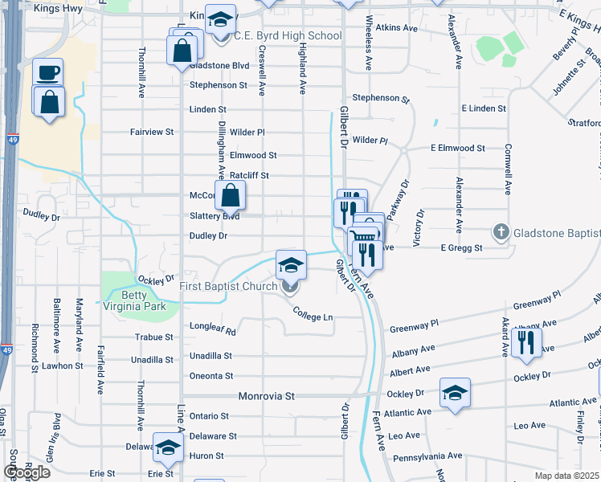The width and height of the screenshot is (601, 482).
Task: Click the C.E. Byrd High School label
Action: [x=287, y=36]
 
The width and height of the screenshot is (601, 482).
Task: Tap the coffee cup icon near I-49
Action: [x=47, y=73]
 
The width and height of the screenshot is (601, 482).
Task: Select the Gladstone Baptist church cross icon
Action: [x=501, y=233]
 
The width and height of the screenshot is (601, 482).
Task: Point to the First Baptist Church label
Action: [x=228, y=286]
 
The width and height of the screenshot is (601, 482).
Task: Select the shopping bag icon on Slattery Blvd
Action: [x=230, y=195]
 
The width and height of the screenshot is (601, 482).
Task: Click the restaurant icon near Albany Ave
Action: [x=525, y=341]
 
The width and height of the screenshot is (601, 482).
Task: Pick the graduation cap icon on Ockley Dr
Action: [x=455, y=392]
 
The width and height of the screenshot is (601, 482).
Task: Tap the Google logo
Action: [x=27, y=472]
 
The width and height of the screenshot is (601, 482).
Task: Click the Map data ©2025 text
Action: [x=566, y=476]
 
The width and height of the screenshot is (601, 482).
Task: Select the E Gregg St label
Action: [x=460, y=249]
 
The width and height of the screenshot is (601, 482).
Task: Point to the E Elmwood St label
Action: [x=458, y=149]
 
